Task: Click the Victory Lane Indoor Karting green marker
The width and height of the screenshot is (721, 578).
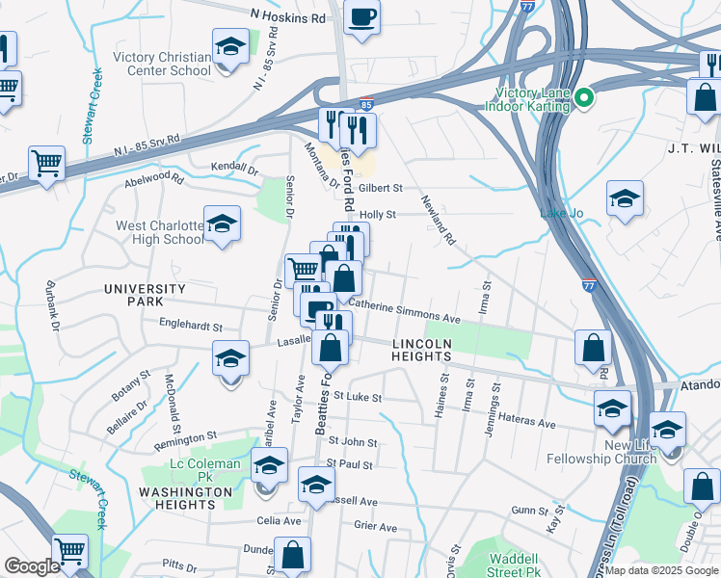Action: click(x=583, y=97)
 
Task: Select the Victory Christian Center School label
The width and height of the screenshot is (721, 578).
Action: click(x=162, y=64)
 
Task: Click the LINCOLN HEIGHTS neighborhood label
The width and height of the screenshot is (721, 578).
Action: click(x=421, y=350)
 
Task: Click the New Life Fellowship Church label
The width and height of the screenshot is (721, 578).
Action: click(x=628, y=453)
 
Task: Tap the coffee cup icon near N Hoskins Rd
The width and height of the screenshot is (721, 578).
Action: click(x=361, y=16)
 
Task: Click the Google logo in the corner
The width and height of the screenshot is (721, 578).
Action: click(x=32, y=566)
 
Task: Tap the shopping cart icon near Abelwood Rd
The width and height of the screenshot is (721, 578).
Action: click(x=45, y=163)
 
